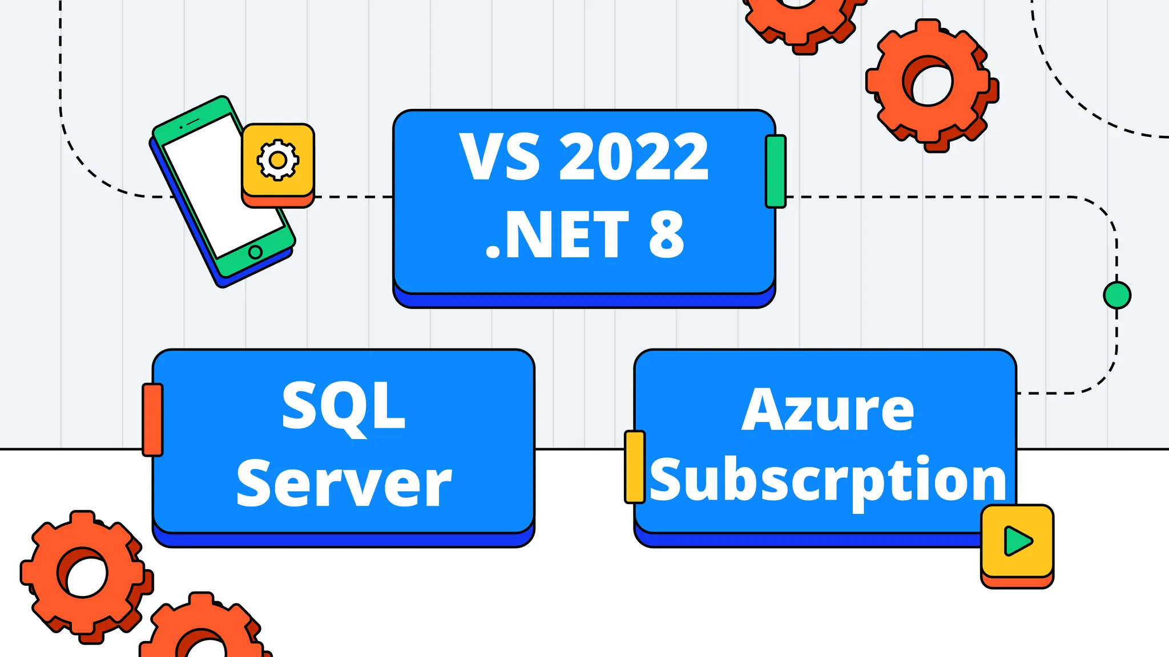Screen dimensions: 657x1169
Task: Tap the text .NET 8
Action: (584, 234)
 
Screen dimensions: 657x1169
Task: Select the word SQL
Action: (344, 406)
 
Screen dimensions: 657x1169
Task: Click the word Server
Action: (344, 484)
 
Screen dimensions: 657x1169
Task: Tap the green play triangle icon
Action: (1018, 541)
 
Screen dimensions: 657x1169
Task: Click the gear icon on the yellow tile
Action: (278, 160)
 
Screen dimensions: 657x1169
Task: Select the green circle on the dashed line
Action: (1117, 295)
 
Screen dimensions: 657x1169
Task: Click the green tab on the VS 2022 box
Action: (776, 171)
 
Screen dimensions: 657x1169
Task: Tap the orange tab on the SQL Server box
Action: (152, 420)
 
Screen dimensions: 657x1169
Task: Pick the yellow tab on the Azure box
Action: (635, 467)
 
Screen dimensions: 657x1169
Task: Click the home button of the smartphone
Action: (256, 252)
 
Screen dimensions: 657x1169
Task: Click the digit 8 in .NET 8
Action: (666, 234)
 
